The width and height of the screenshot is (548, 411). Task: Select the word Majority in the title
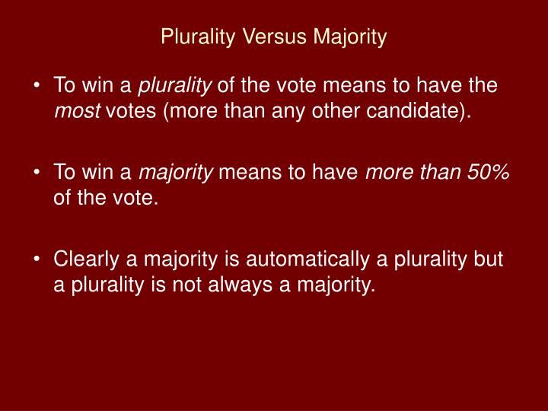pos(349,36)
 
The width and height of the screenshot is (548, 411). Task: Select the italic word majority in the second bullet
pos(179,173)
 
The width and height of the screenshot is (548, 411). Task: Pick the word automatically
pos(278,260)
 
